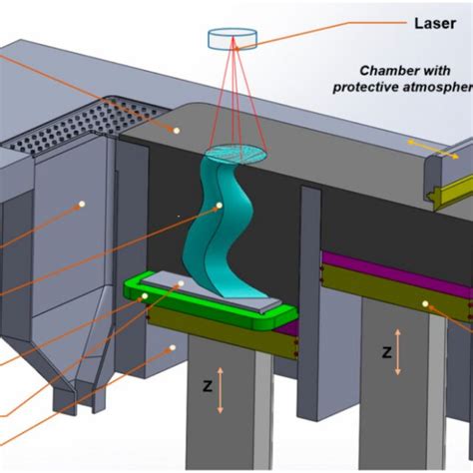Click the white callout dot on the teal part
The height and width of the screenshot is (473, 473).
(221, 207)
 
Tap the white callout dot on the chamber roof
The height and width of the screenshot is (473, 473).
(176, 129)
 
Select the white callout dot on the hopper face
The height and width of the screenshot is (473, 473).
(81, 205)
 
